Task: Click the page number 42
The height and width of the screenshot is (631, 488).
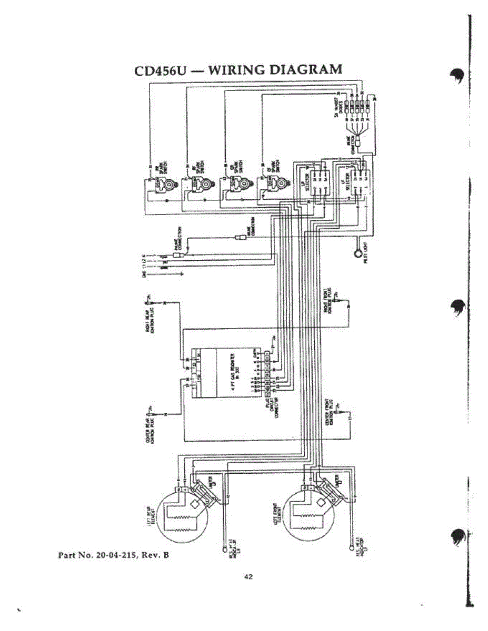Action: [248, 577]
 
